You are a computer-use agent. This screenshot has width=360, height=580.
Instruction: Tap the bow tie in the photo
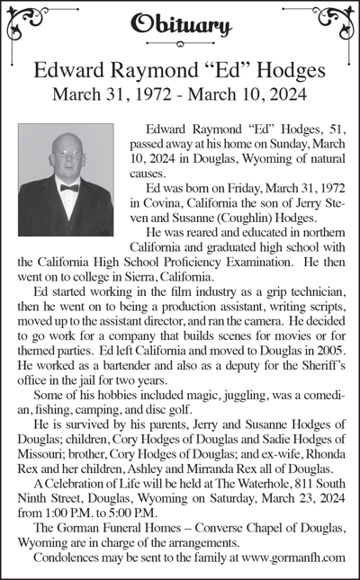click(69, 187)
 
